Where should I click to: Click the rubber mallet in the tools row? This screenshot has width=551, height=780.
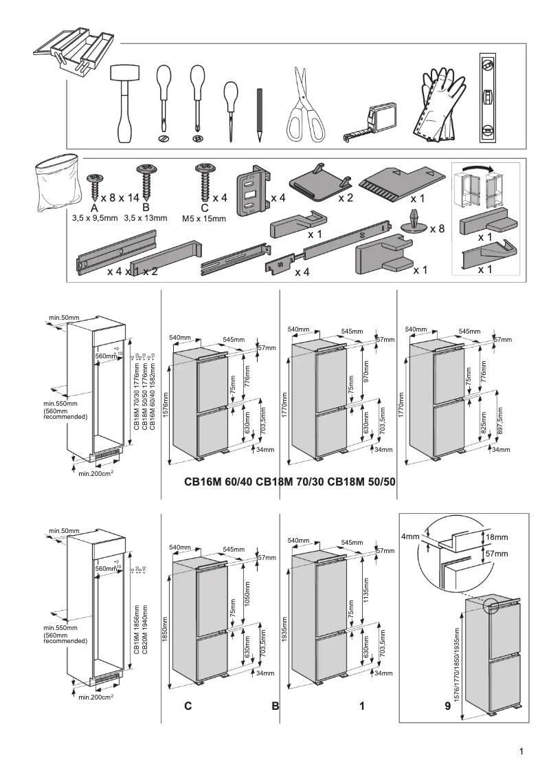(124, 103)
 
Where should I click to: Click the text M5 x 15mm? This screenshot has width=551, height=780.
(203, 218)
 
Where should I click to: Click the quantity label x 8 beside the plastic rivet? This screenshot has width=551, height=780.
(438, 228)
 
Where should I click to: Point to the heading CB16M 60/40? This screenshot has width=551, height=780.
(218, 482)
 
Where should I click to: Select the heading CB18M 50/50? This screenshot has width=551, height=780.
(363, 482)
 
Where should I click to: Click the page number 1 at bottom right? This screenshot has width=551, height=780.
(522, 751)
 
